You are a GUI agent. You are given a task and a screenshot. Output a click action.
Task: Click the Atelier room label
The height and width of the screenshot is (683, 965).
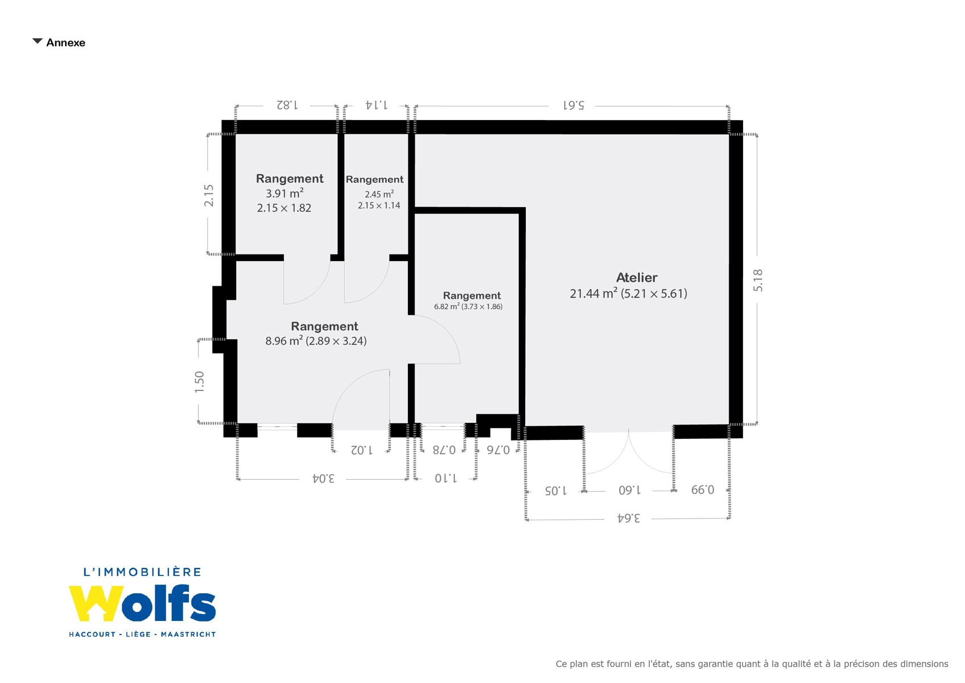[x=637, y=278]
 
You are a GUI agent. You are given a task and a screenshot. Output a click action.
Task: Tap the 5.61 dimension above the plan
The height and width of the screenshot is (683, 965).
[x=574, y=105]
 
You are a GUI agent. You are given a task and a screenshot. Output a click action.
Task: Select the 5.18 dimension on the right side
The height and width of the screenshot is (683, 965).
[x=758, y=280]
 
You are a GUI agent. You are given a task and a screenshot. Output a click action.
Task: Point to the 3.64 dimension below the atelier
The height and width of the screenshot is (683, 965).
[x=629, y=518]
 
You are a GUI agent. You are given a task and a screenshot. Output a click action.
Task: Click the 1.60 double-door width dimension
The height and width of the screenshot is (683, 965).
[x=630, y=491]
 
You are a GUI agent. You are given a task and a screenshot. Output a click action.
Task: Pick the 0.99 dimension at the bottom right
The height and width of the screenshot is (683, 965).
[x=703, y=490]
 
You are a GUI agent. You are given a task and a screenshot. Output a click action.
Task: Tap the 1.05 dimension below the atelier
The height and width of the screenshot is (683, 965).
[x=556, y=491]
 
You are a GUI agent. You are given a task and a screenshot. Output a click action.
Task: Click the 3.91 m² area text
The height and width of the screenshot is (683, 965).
[x=284, y=192]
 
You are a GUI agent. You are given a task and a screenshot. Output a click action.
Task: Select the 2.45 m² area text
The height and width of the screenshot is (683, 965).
[x=379, y=194]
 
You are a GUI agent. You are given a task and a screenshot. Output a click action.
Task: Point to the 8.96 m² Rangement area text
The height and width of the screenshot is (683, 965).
[x=284, y=340]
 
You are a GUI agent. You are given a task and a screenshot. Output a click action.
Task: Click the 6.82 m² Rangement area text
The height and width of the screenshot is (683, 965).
[x=447, y=306]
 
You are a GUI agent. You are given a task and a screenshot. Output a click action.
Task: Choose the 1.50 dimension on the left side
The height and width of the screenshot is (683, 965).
[x=199, y=382]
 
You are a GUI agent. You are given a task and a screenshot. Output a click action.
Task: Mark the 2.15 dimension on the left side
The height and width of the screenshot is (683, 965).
[x=208, y=196]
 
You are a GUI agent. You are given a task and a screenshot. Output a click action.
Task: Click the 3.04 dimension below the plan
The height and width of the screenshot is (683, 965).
[x=323, y=478]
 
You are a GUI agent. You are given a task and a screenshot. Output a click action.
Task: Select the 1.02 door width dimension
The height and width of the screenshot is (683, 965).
[x=362, y=450]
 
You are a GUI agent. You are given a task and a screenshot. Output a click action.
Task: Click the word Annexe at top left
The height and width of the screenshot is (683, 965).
[x=66, y=43]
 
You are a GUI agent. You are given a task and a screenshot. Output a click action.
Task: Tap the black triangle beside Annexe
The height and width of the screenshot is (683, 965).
[x=38, y=41]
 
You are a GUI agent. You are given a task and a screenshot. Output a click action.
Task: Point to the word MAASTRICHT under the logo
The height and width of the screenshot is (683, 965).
[x=188, y=634]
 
